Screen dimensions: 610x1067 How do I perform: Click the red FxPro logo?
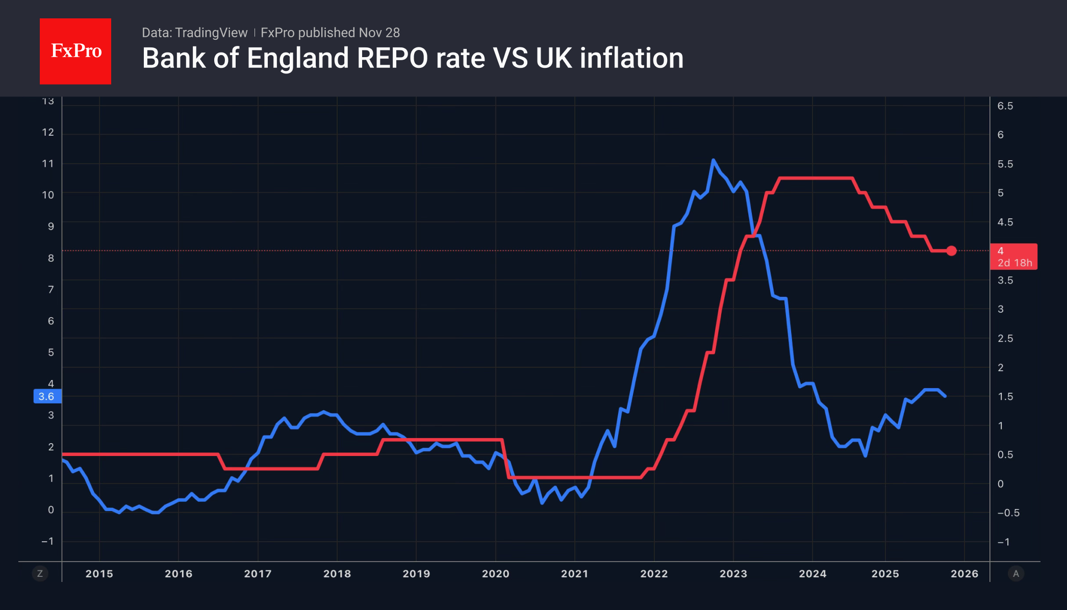coord(75,51)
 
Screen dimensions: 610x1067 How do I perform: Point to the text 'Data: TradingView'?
coord(194,33)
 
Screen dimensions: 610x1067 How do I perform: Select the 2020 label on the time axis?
coord(495,574)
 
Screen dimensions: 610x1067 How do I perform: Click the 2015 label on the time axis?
coord(99,574)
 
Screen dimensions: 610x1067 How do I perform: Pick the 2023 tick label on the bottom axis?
coord(733,574)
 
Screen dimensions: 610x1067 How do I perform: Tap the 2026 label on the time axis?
coord(964,574)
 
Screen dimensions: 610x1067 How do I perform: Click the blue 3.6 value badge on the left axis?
coord(46,396)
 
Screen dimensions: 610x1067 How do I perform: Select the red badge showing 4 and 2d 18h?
coord(1013,257)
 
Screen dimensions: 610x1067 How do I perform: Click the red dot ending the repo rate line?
coord(951,250)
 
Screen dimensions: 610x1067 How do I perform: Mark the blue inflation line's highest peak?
coord(713,160)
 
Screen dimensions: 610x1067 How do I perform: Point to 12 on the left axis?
coord(48,133)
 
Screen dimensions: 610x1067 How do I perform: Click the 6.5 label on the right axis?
coord(1005,106)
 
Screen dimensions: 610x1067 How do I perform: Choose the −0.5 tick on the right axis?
coord(1008,513)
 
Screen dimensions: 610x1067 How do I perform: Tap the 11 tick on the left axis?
coord(48,164)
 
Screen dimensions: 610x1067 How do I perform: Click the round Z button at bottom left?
coord(40,574)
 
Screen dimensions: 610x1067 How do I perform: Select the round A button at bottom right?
coord(1015,574)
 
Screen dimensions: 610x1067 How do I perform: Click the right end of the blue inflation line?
coord(945,396)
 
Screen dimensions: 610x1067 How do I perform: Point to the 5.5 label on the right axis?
coord(1005,164)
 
